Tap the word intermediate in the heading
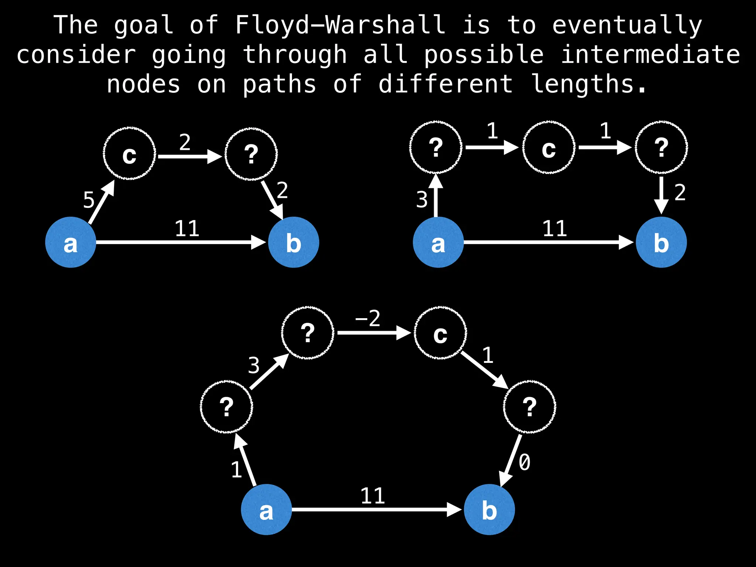tap(650, 55)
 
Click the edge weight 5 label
tap(89, 200)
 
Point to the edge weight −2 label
tap(368, 319)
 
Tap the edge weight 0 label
tap(525, 463)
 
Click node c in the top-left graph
tap(129, 154)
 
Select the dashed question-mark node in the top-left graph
tap(251, 154)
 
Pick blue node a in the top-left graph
tap(71, 242)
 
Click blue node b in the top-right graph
tap(661, 242)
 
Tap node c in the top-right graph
tap(549, 148)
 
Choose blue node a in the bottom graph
tap(266, 509)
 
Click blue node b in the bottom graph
tap(489, 509)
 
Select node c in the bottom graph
tap(440, 333)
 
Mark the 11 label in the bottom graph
tap(373, 496)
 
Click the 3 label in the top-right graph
tap(422, 200)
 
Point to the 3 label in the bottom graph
tap(254, 366)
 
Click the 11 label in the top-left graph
tap(187, 229)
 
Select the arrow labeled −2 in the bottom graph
tap(373, 333)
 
